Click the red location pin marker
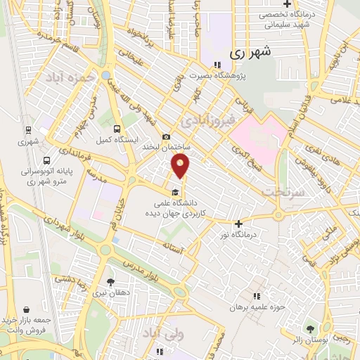click(x=181, y=166)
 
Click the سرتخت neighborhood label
click(x=277, y=191)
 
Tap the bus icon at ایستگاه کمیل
click(x=117, y=129)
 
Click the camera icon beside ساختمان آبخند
click(x=166, y=136)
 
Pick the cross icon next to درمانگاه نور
click(x=238, y=224)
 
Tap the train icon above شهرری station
click(x=28, y=130)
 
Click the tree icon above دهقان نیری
click(x=109, y=281)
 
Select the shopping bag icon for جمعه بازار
click(x=27, y=309)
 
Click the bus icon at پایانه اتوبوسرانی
click(x=46, y=160)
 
